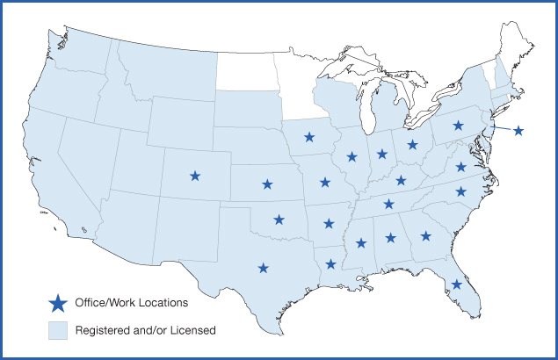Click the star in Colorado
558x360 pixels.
195,176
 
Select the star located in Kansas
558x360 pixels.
267,184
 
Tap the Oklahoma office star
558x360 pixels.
279,220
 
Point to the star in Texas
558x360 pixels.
263,268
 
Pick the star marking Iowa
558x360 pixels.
309,136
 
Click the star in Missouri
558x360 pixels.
325,183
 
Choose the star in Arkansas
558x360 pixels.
329,223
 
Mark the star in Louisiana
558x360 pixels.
330,263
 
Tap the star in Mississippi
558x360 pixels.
360,243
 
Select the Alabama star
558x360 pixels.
390,238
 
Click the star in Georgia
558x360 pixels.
425,235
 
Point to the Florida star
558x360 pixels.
456,284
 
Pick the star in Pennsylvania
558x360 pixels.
458,126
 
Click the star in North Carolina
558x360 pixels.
460,191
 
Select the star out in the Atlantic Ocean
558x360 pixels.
518,131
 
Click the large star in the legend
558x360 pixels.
58,304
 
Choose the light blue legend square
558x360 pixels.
58,330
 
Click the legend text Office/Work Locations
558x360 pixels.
131,303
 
